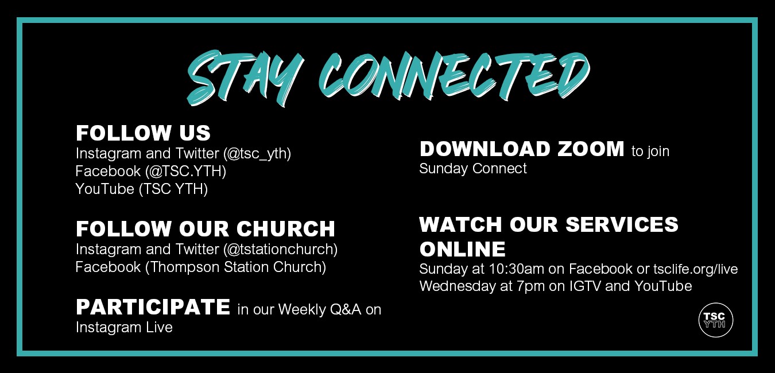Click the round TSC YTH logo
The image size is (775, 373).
click(715, 320)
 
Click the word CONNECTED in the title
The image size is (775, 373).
click(454, 76)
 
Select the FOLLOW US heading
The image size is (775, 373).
click(143, 133)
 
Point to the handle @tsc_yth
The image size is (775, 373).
click(257, 153)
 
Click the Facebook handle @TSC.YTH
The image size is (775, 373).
click(185, 171)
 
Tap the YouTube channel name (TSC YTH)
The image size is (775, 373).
click(173, 189)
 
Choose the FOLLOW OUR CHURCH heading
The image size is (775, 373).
click(205, 228)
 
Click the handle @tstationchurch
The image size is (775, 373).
click(281, 249)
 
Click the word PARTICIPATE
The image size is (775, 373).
click(153, 307)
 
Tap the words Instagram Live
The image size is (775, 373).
click(124, 327)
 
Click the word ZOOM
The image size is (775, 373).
click(591, 149)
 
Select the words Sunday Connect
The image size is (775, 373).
click(472, 168)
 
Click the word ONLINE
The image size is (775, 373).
click(462, 249)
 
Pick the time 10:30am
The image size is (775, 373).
click(517, 269)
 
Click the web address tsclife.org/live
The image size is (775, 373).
click(695, 269)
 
